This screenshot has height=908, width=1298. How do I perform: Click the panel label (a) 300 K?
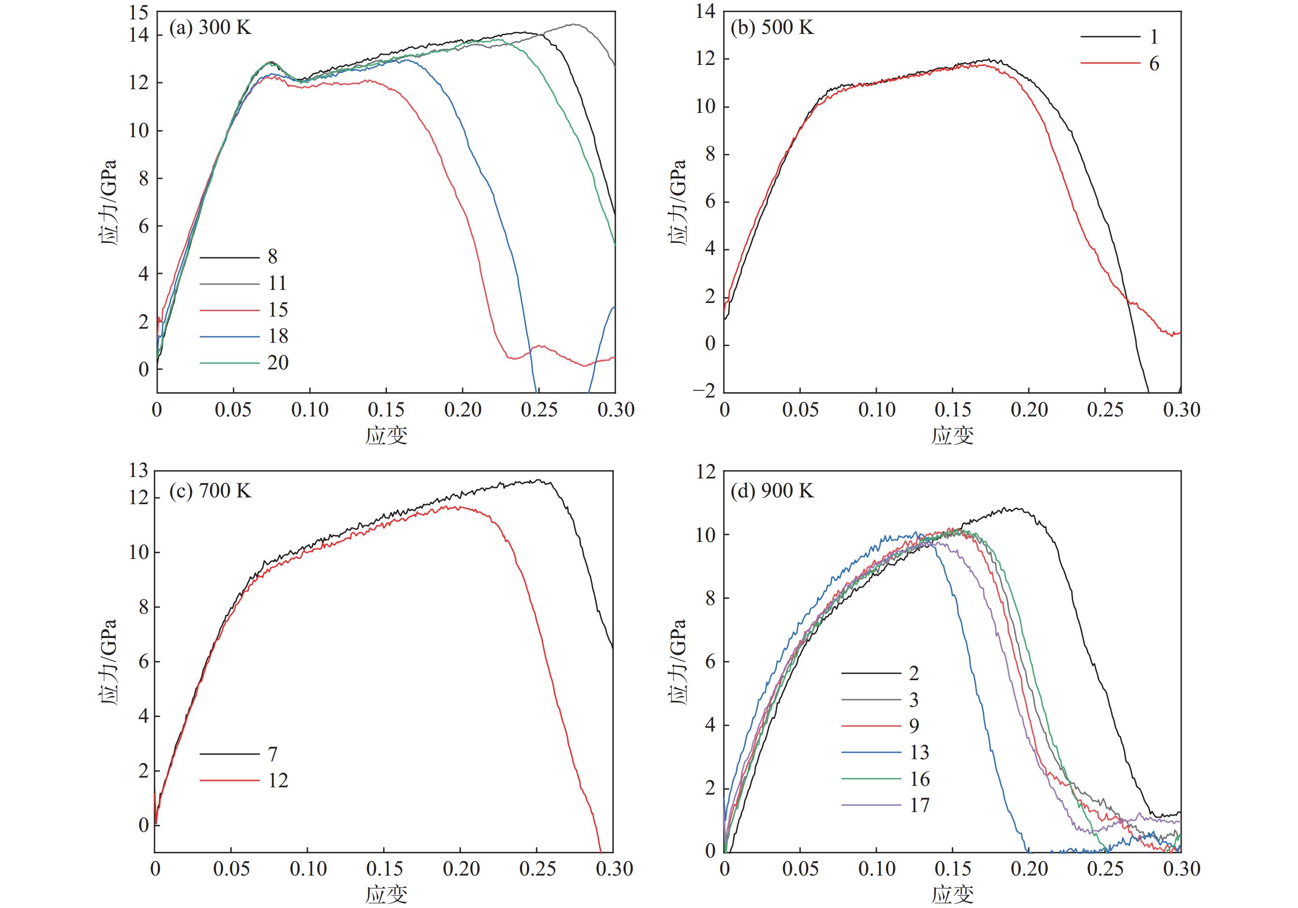pos(210,27)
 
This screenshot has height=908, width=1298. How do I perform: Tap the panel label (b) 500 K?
pos(772,27)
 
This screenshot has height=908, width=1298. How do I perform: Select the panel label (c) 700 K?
pos(210,490)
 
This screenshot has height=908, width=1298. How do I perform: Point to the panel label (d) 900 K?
pos(772,491)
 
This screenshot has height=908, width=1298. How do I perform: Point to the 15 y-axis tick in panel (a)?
pos(139,13)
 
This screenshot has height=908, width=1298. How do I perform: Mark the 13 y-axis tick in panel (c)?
pos(139,470)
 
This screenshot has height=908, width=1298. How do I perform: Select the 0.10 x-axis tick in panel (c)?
pos(308,869)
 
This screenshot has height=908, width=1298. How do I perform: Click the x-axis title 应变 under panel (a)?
pos(386,435)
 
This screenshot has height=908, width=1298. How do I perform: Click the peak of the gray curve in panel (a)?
pos(573,24)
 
